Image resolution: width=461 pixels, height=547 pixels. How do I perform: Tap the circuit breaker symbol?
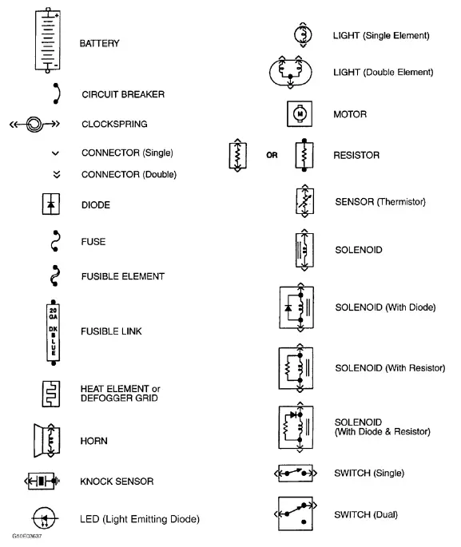tap(54, 94)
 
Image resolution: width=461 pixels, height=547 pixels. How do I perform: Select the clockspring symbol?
tap(35, 125)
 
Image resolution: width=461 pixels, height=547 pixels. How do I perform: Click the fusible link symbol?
tap(54, 331)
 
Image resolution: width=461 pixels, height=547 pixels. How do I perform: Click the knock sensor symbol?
tap(41, 482)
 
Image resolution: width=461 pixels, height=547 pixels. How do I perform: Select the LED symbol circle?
tap(46, 518)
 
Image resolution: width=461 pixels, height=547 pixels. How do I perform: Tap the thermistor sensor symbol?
tap(301, 202)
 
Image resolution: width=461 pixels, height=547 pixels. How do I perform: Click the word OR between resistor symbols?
tap(272, 156)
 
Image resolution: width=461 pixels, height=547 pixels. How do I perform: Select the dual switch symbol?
tap(297, 514)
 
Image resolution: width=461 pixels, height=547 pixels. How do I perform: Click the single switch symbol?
tap(297, 474)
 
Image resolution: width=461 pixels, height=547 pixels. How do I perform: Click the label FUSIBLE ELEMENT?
tap(123, 276)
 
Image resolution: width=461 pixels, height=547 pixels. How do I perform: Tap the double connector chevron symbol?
tap(54, 174)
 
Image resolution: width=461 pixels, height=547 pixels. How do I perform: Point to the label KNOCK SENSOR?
tap(117, 482)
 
